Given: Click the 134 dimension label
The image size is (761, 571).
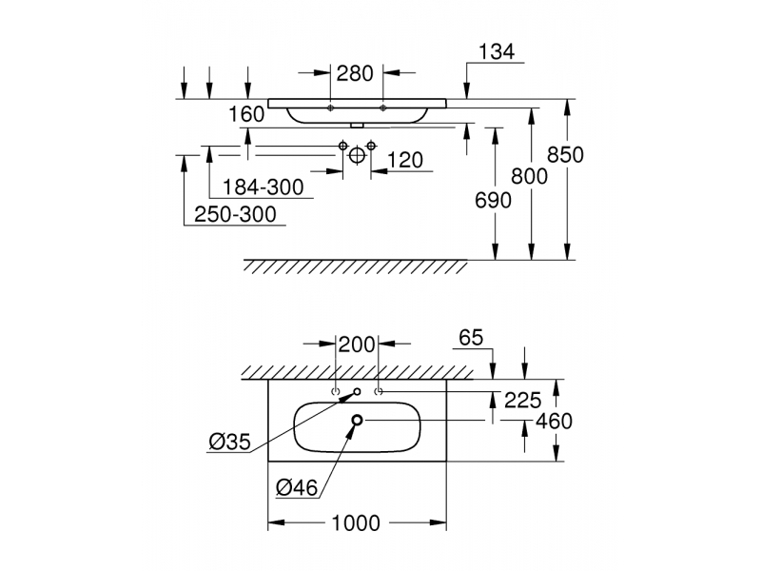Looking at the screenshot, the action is point(497,51).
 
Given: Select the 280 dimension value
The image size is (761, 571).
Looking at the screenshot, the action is point(355,74).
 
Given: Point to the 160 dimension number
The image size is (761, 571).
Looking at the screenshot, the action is point(246,114).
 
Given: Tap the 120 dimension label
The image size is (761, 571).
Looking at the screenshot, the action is point(405,160).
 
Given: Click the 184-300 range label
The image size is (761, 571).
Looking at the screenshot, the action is point(263,187).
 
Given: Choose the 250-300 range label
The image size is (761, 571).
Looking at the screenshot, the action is point(235,214).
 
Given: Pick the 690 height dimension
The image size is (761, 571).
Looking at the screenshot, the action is point(493,200).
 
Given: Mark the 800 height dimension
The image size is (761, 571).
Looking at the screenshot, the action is point(530,176).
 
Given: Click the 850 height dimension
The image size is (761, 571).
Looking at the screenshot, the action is point(565,155).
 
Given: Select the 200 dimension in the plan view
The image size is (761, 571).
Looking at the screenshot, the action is point(357,345).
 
